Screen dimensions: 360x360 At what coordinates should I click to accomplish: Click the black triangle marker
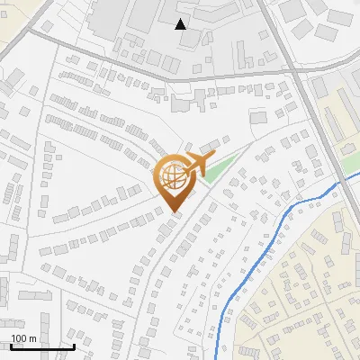tap(181, 24)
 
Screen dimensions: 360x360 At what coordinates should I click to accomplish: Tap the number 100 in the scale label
tap(20, 338)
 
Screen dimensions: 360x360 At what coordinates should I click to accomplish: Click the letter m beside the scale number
tap(32, 338)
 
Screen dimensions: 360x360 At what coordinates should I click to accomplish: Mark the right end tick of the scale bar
tap(74, 346)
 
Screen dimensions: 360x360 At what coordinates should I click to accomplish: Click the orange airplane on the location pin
tap(193, 165)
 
